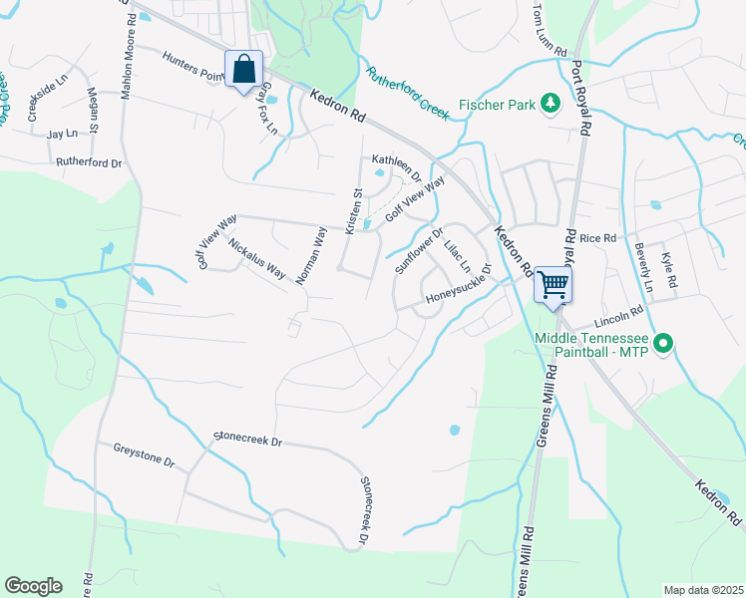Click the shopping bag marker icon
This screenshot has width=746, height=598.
tap(243, 70)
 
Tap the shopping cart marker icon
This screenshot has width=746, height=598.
tap(553, 284)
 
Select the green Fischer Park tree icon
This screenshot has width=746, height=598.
tap(549, 103)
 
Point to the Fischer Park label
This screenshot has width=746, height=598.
tap(497, 104)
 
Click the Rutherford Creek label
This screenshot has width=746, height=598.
tap(409, 93)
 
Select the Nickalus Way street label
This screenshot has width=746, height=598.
tap(257, 258)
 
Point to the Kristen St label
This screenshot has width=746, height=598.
tap(352, 211)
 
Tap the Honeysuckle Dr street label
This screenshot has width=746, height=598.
tap(459, 284)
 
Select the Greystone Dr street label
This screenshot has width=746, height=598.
tap(144, 457)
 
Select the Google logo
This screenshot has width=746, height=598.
tap(33, 586)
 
